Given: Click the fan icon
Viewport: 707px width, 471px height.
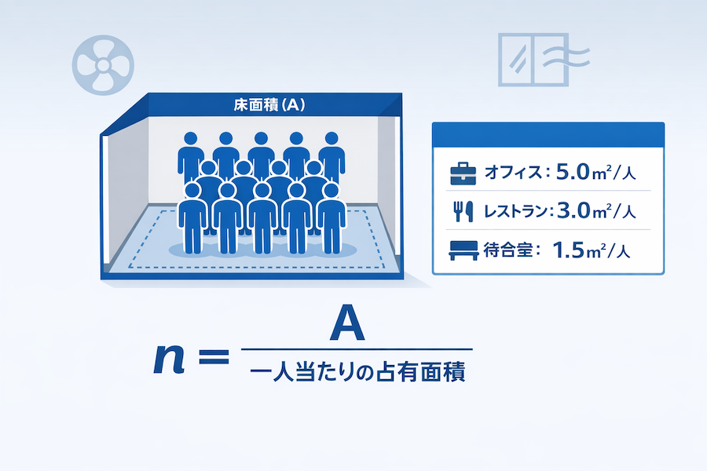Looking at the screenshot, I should point(102,61).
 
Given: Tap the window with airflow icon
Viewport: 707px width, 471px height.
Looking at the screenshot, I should point(542,60).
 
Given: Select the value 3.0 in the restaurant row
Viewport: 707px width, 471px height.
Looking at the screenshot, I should point(570,210).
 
